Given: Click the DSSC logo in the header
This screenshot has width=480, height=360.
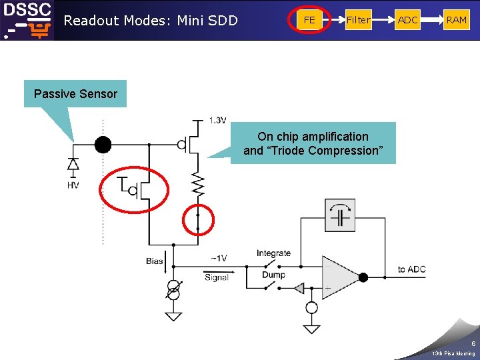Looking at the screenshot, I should (x=27, y=20).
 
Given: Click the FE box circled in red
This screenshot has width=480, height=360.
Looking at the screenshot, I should (x=309, y=20).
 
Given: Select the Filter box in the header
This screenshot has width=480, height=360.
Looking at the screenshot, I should (x=358, y=20).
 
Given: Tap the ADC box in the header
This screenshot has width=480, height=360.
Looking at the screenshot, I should (x=407, y=20).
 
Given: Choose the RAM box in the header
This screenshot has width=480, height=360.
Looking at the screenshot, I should (x=457, y=20).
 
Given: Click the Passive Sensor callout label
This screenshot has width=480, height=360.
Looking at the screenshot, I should (x=75, y=94).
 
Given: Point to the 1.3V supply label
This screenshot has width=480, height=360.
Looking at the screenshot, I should (x=218, y=121).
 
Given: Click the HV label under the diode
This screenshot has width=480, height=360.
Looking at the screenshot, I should (x=73, y=185).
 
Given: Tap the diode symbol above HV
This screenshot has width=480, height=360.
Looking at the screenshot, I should (x=73, y=163).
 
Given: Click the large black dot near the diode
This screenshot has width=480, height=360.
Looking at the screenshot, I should (x=103, y=144).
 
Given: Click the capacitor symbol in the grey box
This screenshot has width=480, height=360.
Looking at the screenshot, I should (x=340, y=216).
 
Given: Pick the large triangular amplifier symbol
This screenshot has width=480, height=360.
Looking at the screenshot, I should (x=340, y=277).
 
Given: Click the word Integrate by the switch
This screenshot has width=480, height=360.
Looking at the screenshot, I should (x=273, y=253).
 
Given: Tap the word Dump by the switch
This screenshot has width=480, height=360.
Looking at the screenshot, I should (x=273, y=275).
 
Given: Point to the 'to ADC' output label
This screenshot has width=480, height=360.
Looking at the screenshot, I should (x=411, y=269).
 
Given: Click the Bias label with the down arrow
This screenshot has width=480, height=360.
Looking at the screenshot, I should (x=155, y=261).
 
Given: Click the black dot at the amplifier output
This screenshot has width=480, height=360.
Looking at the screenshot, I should (x=363, y=277).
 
